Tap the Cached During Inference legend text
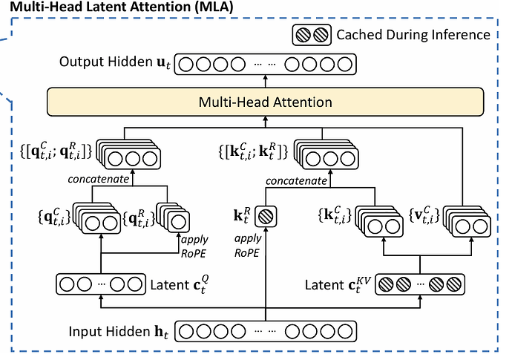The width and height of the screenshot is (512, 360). [x=413, y=34]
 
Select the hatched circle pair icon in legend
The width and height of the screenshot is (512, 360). [x=311, y=34]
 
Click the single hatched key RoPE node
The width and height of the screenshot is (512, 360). [x=265, y=217]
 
